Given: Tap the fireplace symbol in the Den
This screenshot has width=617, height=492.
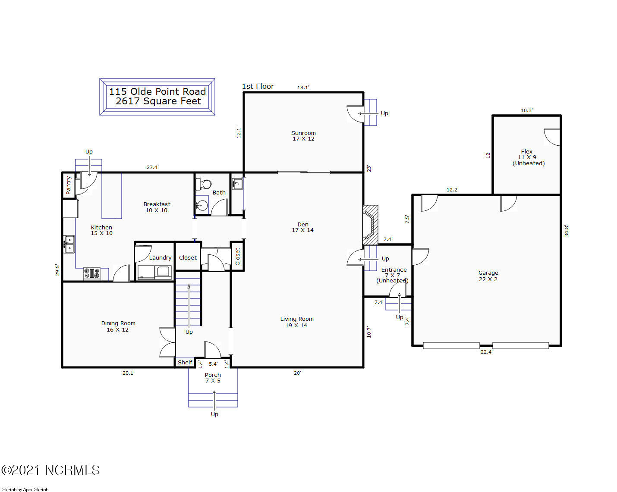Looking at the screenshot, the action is tap(370, 225).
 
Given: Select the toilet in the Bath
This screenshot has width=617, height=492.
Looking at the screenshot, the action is tap(204, 184).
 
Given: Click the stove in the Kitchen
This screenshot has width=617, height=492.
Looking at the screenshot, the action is tap(92, 274).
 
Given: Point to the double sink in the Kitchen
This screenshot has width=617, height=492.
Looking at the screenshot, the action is tap(69, 244).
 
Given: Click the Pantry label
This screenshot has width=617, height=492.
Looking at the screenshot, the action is tap(69, 185).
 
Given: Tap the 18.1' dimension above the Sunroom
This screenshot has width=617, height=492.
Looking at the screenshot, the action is tap(303, 88).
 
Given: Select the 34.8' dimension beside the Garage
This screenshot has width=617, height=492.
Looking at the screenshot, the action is tap(567, 230).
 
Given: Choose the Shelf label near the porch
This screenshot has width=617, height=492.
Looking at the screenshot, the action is tap(185, 362).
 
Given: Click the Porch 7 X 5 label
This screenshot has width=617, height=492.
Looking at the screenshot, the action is tap(213, 378).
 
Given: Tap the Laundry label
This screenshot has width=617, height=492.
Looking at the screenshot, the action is tap(160, 257).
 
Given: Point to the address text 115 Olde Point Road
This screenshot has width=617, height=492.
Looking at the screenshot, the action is tap(157, 91).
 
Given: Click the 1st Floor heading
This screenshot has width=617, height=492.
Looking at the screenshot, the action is tap(258, 86).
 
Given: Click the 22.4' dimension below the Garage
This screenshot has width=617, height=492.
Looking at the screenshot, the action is tap(486, 352).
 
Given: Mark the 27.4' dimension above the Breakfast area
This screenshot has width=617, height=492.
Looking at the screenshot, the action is tap(153, 167).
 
